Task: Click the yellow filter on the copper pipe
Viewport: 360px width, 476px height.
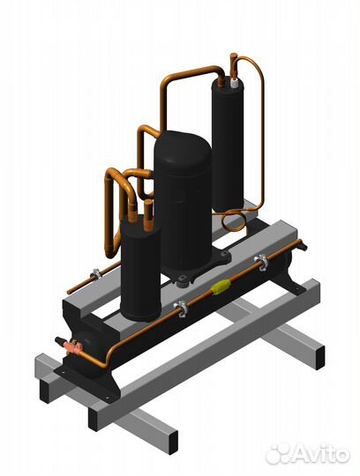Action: tap(221, 286)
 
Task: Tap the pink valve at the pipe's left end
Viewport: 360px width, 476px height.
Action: tap(72, 346)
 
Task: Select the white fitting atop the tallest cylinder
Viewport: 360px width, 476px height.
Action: tap(235, 83)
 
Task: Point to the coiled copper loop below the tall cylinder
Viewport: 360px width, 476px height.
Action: tap(233, 221)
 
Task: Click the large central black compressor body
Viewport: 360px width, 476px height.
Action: tap(183, 204)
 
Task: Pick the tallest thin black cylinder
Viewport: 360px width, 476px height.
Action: tap(228, 145)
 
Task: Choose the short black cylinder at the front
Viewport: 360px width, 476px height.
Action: tap(140, 267)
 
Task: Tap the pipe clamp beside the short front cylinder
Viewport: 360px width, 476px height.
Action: tap(181, 309)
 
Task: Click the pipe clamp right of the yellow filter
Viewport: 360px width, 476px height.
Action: tap(261, 263)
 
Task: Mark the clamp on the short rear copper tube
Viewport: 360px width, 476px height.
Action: tap(96, 274)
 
